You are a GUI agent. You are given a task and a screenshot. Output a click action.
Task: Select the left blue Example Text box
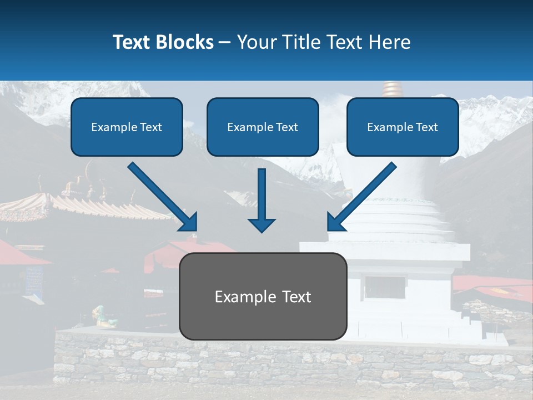(x=127, y=127)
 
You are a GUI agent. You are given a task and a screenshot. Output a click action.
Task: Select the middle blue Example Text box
(x=263, y=127)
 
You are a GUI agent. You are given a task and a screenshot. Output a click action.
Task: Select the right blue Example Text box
(x=403, y=127)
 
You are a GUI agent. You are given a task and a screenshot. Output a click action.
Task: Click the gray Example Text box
(x=263, y=297)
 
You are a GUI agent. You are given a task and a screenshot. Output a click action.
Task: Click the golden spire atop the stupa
(x=391, y=89)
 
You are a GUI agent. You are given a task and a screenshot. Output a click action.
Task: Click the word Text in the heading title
(x=132, y=42)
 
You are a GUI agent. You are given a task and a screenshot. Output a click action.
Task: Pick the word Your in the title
(x=256, y=42)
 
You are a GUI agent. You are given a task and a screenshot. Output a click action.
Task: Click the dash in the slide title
(x=225, y=42)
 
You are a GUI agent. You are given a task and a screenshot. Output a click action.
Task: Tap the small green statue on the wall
(x=102, y=316)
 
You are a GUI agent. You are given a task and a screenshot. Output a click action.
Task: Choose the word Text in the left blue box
(x=151, y=127)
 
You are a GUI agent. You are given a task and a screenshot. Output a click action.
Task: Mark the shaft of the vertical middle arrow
(x=262, y=192)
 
